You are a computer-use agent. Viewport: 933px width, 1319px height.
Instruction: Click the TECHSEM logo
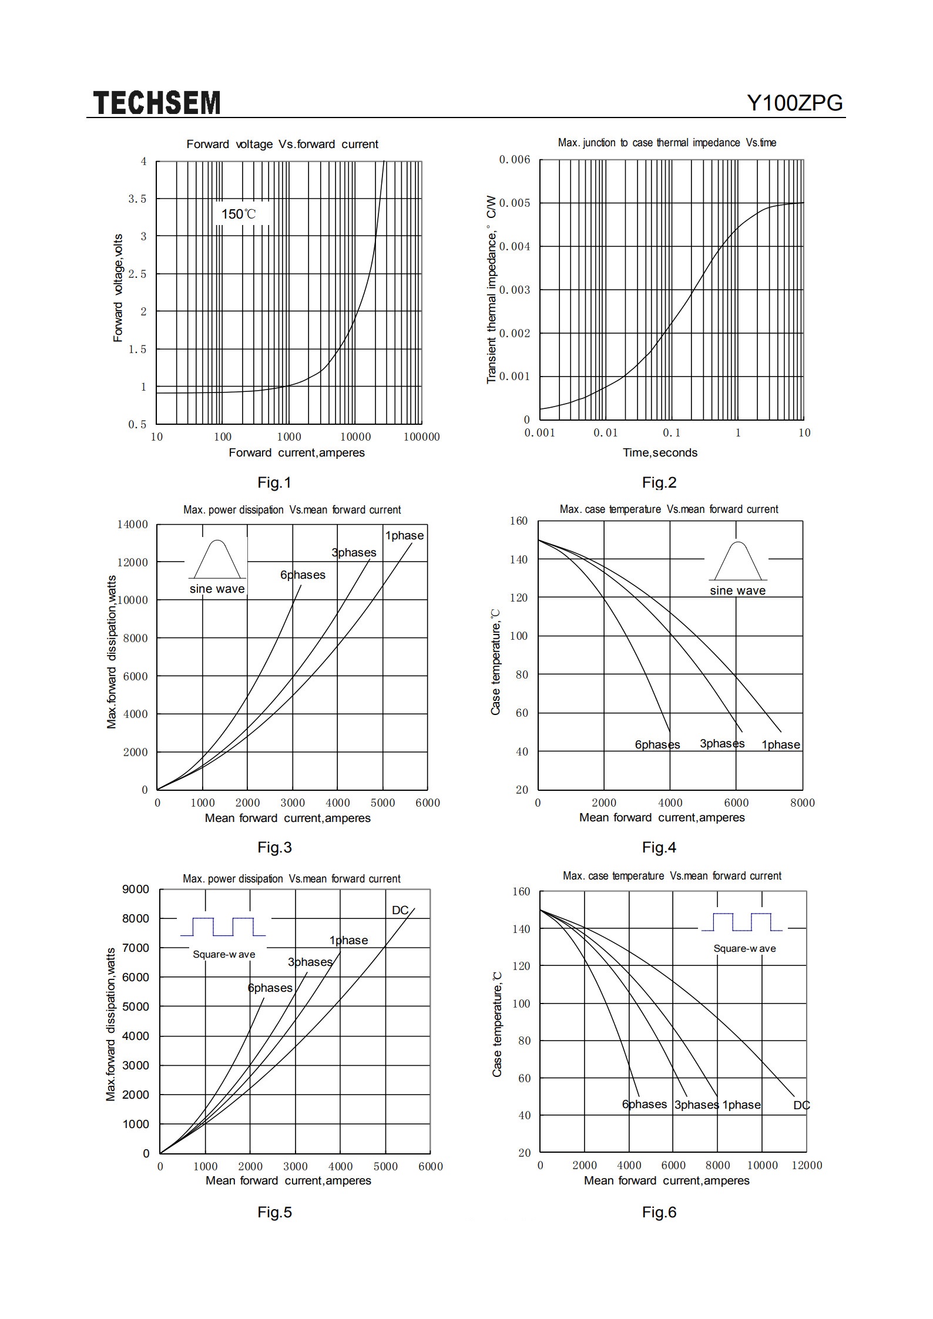[157, 103]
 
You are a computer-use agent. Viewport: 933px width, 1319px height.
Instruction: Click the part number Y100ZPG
[795, 103]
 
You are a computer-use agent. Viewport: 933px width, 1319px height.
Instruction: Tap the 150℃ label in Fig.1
[239, 214]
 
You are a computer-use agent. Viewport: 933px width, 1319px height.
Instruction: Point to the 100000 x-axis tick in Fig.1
[421, 437]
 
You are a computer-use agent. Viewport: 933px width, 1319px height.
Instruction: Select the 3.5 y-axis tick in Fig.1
[137, 199]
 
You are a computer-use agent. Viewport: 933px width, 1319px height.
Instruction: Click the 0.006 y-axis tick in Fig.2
[514, 160]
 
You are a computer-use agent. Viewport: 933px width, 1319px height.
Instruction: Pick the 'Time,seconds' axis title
[660, 452]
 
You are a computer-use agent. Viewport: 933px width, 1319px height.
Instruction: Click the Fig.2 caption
[659, 482]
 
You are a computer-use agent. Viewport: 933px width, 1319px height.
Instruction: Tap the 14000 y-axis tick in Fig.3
[133, 524]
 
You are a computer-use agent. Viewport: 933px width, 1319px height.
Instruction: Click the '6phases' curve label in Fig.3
[303, 575]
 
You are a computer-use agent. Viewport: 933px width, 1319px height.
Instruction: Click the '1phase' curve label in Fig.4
[781, 744]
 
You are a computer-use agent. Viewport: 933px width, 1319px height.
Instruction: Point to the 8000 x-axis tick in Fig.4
[802, 803]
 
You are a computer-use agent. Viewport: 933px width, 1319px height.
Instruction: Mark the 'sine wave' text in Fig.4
[737, 590]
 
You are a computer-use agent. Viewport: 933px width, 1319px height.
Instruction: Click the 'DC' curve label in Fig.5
[400, 910]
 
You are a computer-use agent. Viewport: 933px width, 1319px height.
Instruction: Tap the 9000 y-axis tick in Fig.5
[136, 889]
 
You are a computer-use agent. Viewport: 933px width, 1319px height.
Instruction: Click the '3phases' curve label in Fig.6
[696, 1105]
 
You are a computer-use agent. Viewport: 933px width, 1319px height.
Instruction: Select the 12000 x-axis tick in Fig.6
[807, 1165]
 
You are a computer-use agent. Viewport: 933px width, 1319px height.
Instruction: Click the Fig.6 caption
[659, 1212]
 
